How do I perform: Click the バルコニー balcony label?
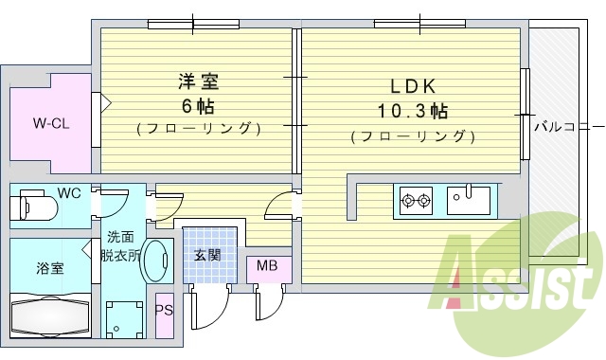click(x=566, y=124)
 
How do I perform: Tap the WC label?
click(x=69, y=193)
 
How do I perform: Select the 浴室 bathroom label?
click(x=50, y=267)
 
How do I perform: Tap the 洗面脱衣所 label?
click(x=123, y=245)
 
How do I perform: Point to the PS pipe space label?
click(x=164, y=310)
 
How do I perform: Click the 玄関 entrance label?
click(x=207, y=254)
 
